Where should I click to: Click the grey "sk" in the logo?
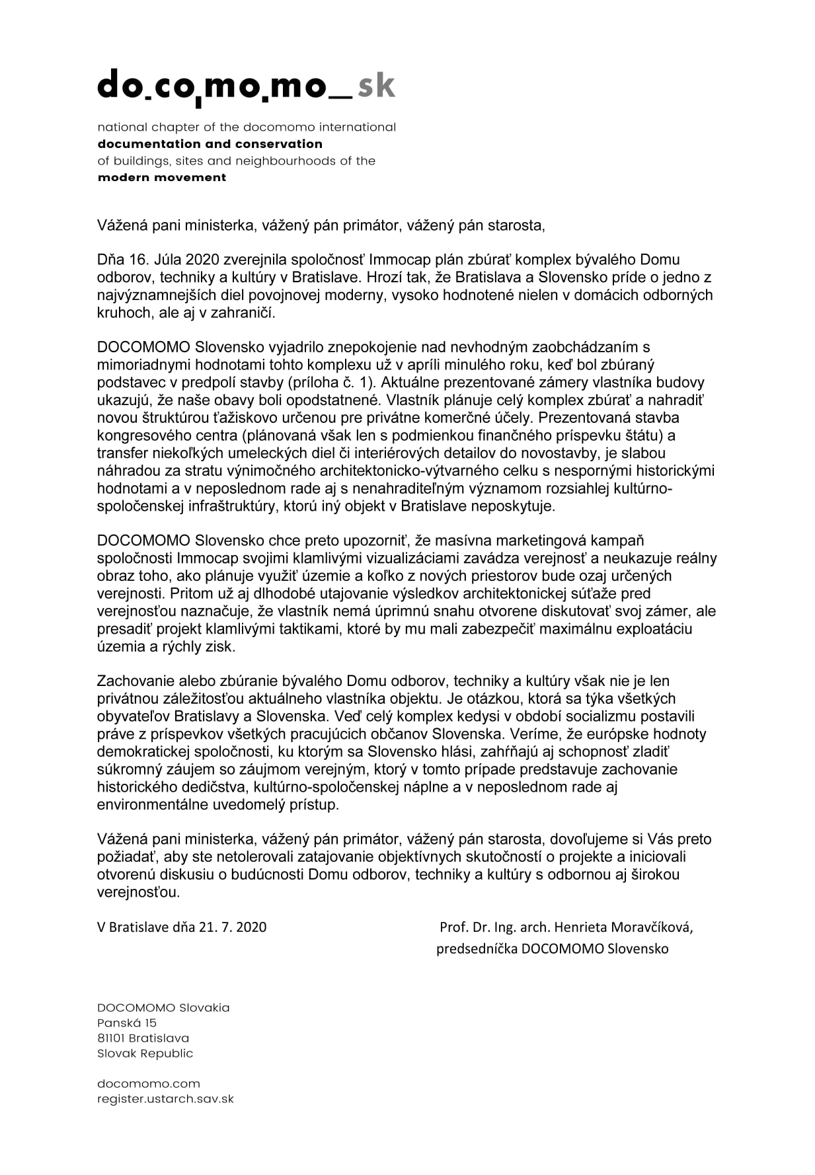376,87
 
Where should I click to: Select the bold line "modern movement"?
162,178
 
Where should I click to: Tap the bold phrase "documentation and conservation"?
210,144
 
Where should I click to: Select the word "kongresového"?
138,436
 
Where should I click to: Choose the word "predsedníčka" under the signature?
477,949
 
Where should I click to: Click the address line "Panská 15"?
127,1023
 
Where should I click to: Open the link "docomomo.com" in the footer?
149,1084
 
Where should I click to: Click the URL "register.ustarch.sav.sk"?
165,1099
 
